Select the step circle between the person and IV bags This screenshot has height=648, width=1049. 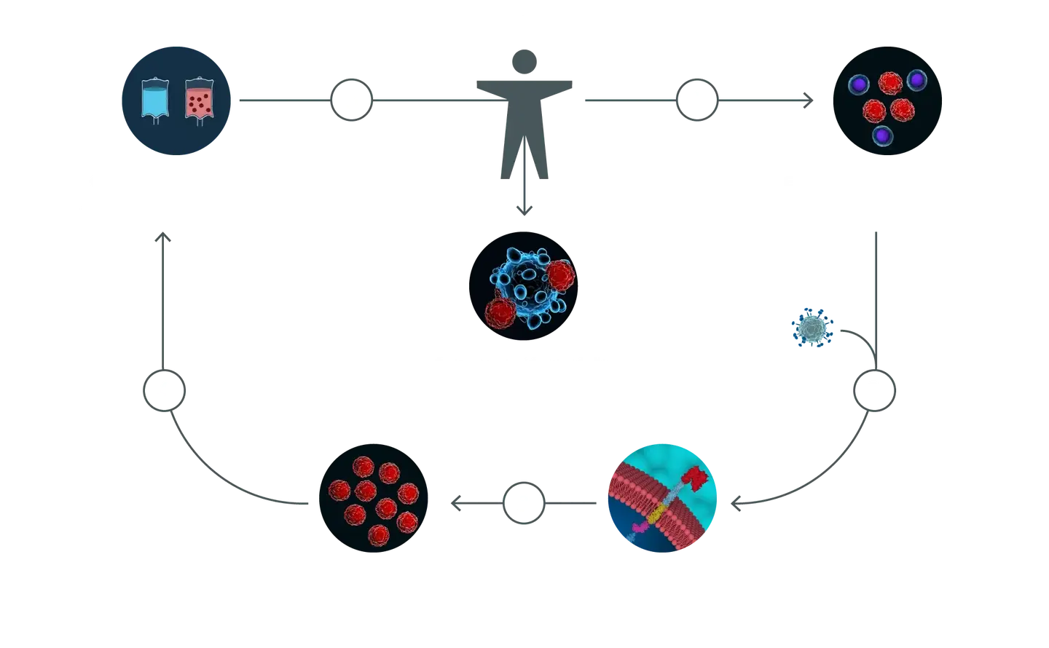pyautogui.click(x=351, y=98)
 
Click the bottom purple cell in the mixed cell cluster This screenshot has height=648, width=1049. pyautogui.click(x=884, y=135)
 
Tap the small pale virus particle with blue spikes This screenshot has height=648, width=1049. pyautogui.click(x=812, y=328)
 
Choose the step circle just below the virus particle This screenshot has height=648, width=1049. pyautogui.click(x=873, y=390)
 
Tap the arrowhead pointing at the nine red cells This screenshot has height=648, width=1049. pyautogui.click(x=455, y=502)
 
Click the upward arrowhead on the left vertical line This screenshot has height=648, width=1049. pyautogui.click(x=164, y=237)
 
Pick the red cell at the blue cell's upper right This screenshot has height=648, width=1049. pyautogui.click(x=560, y=276)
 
